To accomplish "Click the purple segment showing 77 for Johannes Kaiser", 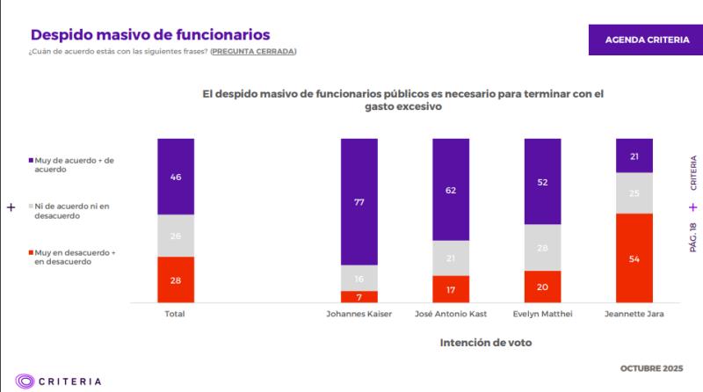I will (x=359, y=201).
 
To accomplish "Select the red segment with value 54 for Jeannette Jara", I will (x=634, y=258).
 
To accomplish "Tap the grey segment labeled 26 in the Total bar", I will (x=176, y=236).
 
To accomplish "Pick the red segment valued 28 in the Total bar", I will (x=176, y=279).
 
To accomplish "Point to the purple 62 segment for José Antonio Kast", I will (x=451, y=188).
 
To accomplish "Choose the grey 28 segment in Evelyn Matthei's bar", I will (x=542, y=247).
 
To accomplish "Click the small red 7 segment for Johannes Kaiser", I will (x=359, y=296).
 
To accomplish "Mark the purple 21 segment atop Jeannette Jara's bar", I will (x=634, y=156).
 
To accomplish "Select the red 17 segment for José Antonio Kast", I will (x=451, y=288).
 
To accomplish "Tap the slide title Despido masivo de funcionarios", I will (x=150, y=34).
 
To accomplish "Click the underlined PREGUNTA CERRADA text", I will (x=253, y=52).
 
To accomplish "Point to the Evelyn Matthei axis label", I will (x=542, y=313).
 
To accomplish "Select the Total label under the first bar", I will (x=176, y=313).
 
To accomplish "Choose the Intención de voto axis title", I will (x=485, y=343).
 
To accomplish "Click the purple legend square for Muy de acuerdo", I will (x=32, y=162).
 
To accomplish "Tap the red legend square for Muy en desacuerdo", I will (x=32, y=252).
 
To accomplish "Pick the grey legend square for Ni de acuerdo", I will (x=32, y=207).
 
